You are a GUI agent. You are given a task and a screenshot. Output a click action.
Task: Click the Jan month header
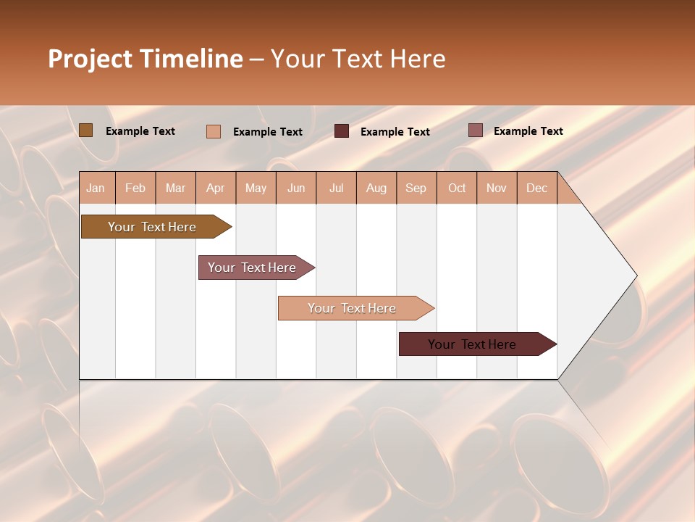(96, 188)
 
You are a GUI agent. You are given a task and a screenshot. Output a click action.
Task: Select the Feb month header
(135, 188)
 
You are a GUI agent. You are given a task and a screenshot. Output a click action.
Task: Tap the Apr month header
(215, 188)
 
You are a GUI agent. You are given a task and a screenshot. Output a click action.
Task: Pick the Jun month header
(296, 188)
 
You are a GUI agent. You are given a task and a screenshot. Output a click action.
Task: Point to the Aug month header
(376, 188)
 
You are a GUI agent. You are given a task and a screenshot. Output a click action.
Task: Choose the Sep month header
(416, 188)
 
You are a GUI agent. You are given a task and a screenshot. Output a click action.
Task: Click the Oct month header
(457, 188)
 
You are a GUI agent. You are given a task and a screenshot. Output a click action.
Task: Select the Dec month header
(536, 188)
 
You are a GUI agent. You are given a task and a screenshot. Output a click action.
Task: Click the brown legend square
(85, 130)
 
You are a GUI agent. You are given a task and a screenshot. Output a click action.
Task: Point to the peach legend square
(213, 131)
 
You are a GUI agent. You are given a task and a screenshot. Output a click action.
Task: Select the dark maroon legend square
(341, 131)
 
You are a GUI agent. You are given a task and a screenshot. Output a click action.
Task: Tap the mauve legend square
(475, 130)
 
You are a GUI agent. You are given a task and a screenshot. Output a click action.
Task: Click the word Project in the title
(90, 59)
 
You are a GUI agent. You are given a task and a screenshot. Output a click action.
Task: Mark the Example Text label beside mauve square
(528, 131)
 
